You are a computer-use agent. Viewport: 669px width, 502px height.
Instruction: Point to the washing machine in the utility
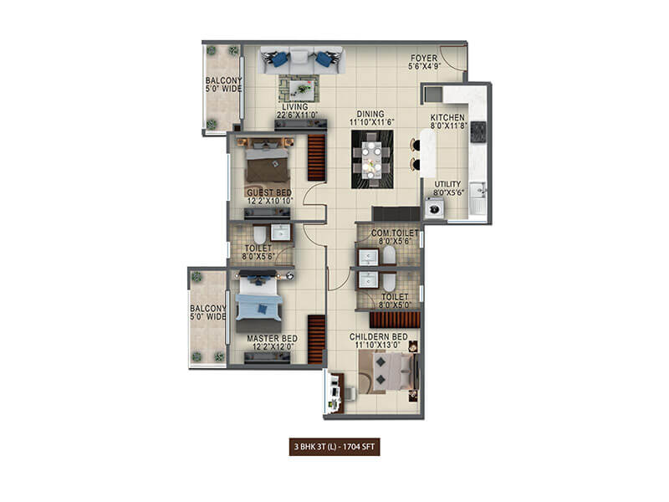pyautogui.click(x=435, y=208)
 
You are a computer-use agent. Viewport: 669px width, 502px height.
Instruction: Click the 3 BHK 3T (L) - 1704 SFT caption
pyautogui.click(x=335, y=447)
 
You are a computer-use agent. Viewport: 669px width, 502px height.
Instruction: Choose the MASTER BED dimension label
pyautogui.click(x=273, y=343)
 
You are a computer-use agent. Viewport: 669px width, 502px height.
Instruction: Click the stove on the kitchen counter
pyautogui.click(x=479, y=131)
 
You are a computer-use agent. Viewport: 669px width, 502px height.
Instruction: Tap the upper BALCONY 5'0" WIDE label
pyautogui.click(x=223, y=87)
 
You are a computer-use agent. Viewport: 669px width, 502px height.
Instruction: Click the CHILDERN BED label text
pyautogui.click(x=380, y=338)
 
